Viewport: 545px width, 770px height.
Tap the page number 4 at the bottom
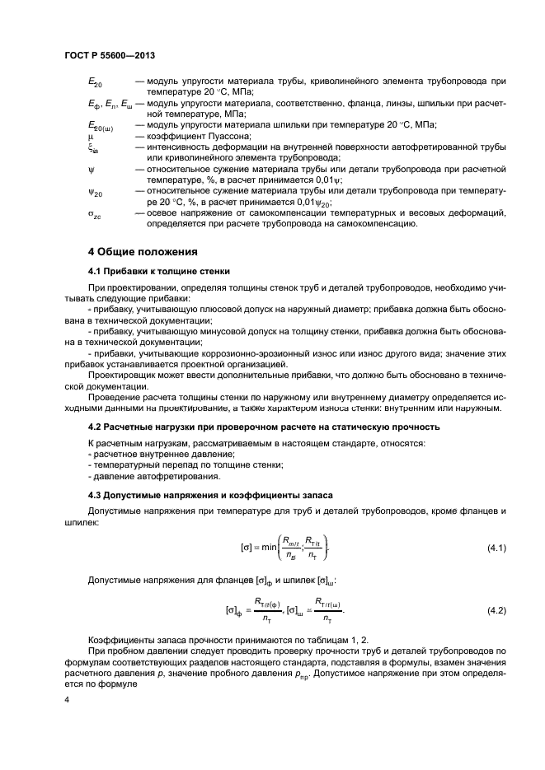[x=67, y=699]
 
